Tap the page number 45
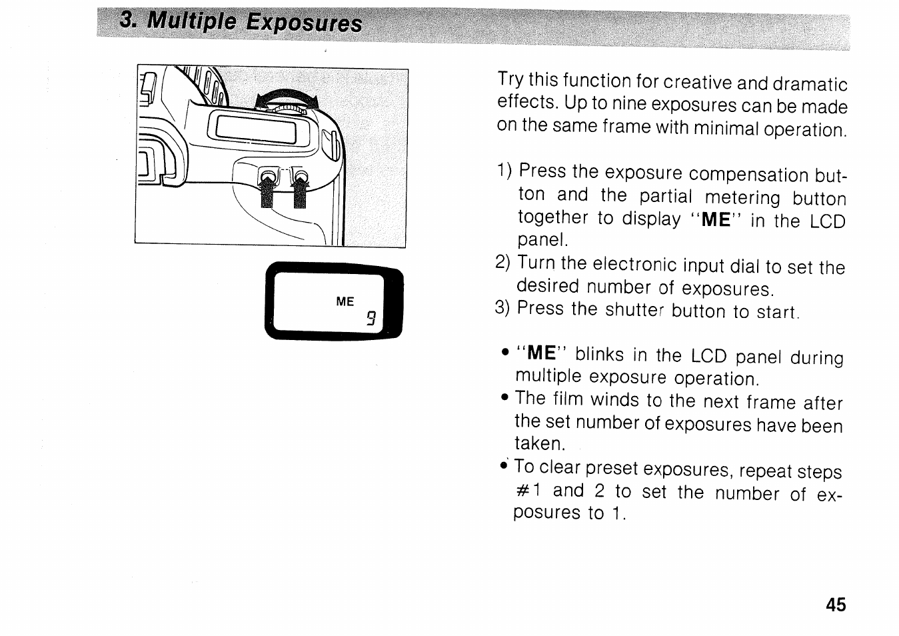(x=836, y=605)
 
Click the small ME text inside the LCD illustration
(x=345, y=302)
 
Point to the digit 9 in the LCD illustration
(x=371, y=319)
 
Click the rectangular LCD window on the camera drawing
(x=253, y=129)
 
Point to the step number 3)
(x=502, y=309)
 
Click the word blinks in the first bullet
(x=600, y=355)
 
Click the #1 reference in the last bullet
(x=530, y=491)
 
